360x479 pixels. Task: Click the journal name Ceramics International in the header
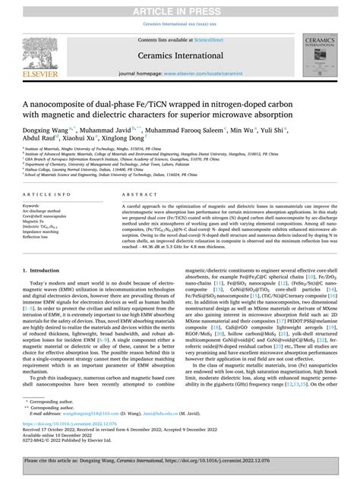tap(179, 55)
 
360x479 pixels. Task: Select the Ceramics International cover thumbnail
tap(325, 55)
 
